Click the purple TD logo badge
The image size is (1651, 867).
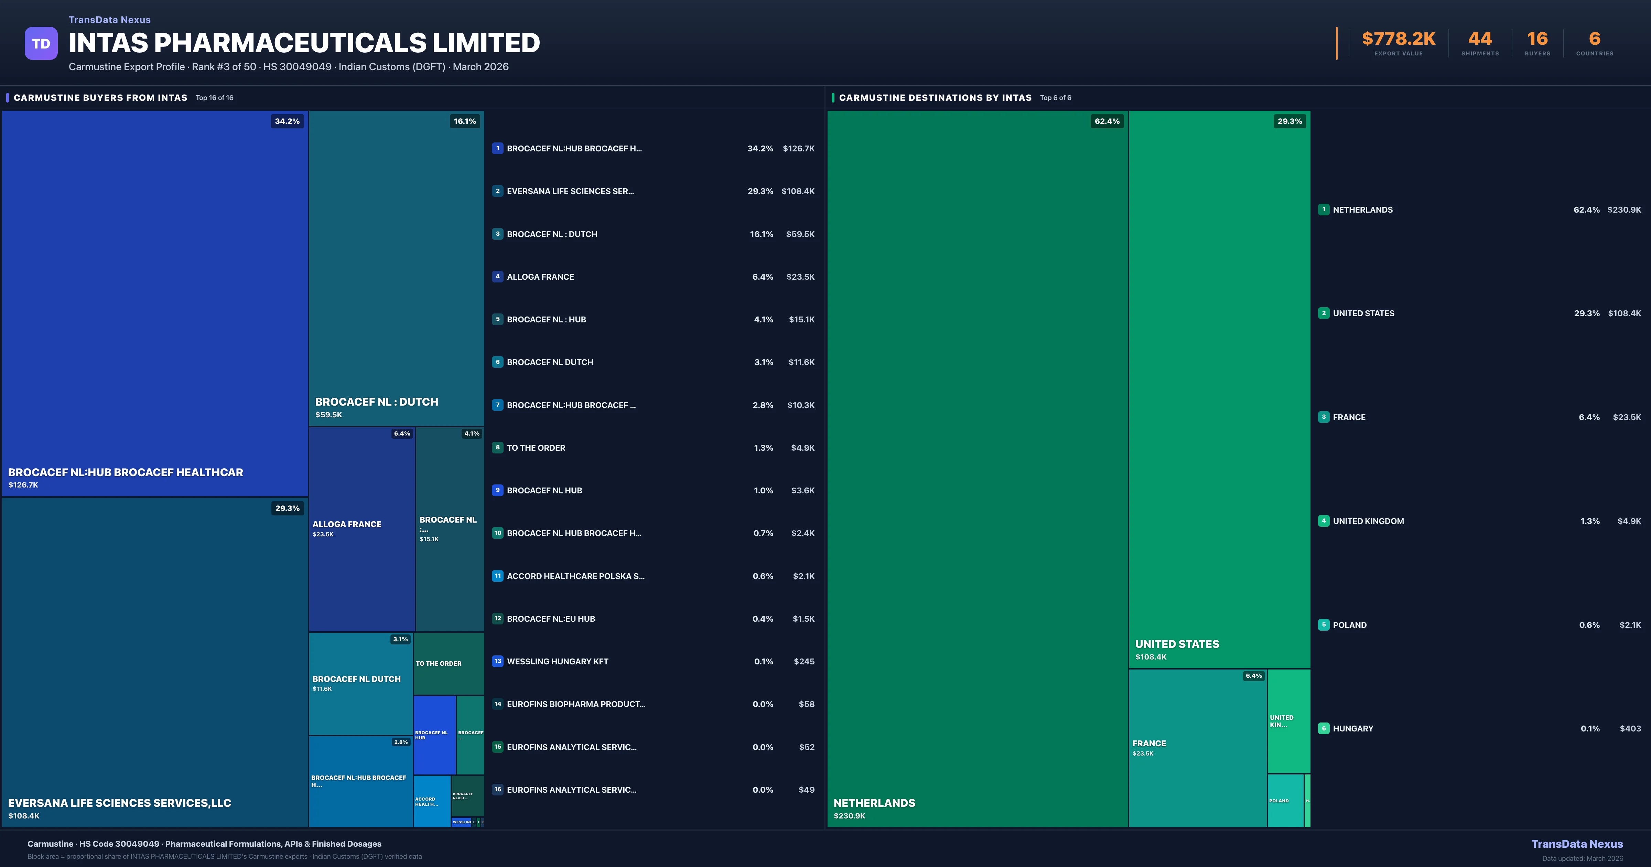(41, 44)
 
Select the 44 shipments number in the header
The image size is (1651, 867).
(1480, 39)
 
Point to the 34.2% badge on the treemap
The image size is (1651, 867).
(287, 121)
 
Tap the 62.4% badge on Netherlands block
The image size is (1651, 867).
(1107, 121)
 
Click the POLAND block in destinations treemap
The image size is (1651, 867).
(1285, 800)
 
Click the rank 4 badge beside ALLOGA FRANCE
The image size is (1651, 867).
(497, 276)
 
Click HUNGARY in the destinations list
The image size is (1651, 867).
(1353, 728)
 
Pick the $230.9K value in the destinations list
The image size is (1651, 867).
(1624, 210)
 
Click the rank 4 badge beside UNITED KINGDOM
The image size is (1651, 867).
(1324, 521)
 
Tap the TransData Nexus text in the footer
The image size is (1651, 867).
(1577, 844)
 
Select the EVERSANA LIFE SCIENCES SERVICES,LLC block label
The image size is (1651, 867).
(119, 803)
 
